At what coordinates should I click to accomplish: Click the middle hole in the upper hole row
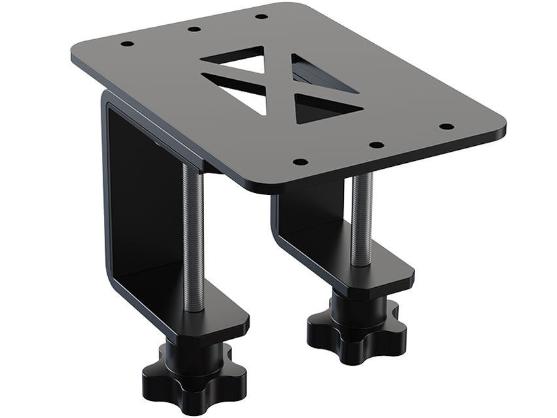(193, 29)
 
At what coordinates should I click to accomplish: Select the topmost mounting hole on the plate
(260, 16)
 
